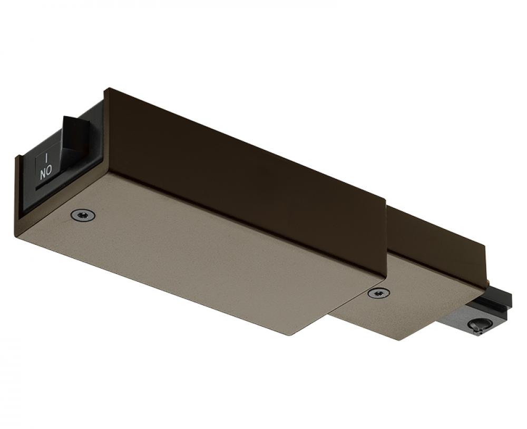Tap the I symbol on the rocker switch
pos(46,158)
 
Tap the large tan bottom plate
pos(200,253)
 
